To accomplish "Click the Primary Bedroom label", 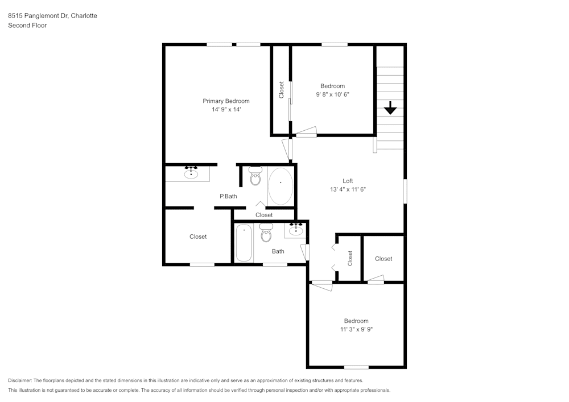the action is click(x=226, y=101).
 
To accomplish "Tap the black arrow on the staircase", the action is click(x=390, y=108).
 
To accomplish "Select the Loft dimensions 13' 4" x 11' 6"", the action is click(x=348, y=189).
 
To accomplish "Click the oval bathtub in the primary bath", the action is click(x=280, y=186).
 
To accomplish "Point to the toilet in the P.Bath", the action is click(x=255, y=176).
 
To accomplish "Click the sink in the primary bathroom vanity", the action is click(x=191, y=173).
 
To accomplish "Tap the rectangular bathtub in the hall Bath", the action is click(x=244, y=242).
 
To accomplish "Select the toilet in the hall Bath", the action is click(x=266, y=233).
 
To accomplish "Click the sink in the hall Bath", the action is click(x=296, y=230).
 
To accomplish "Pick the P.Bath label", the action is click(x=228, y=196).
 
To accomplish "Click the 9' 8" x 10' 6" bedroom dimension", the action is click(x=332, y=94).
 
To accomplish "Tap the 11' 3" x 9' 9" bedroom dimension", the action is click(x=356, y=329).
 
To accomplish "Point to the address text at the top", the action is click(x=52, y=15).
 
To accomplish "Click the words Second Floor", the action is click(x=27, y=26).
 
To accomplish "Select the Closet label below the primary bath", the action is click(x=264, y=215).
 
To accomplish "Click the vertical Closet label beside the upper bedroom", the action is click(x=281, y=89).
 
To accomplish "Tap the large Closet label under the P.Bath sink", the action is click(x=198, y=237).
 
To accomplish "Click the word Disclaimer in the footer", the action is click(x=20, y=380).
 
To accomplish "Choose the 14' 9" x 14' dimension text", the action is click(x=226, y=109).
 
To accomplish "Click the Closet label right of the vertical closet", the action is click(x=384, y=259).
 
